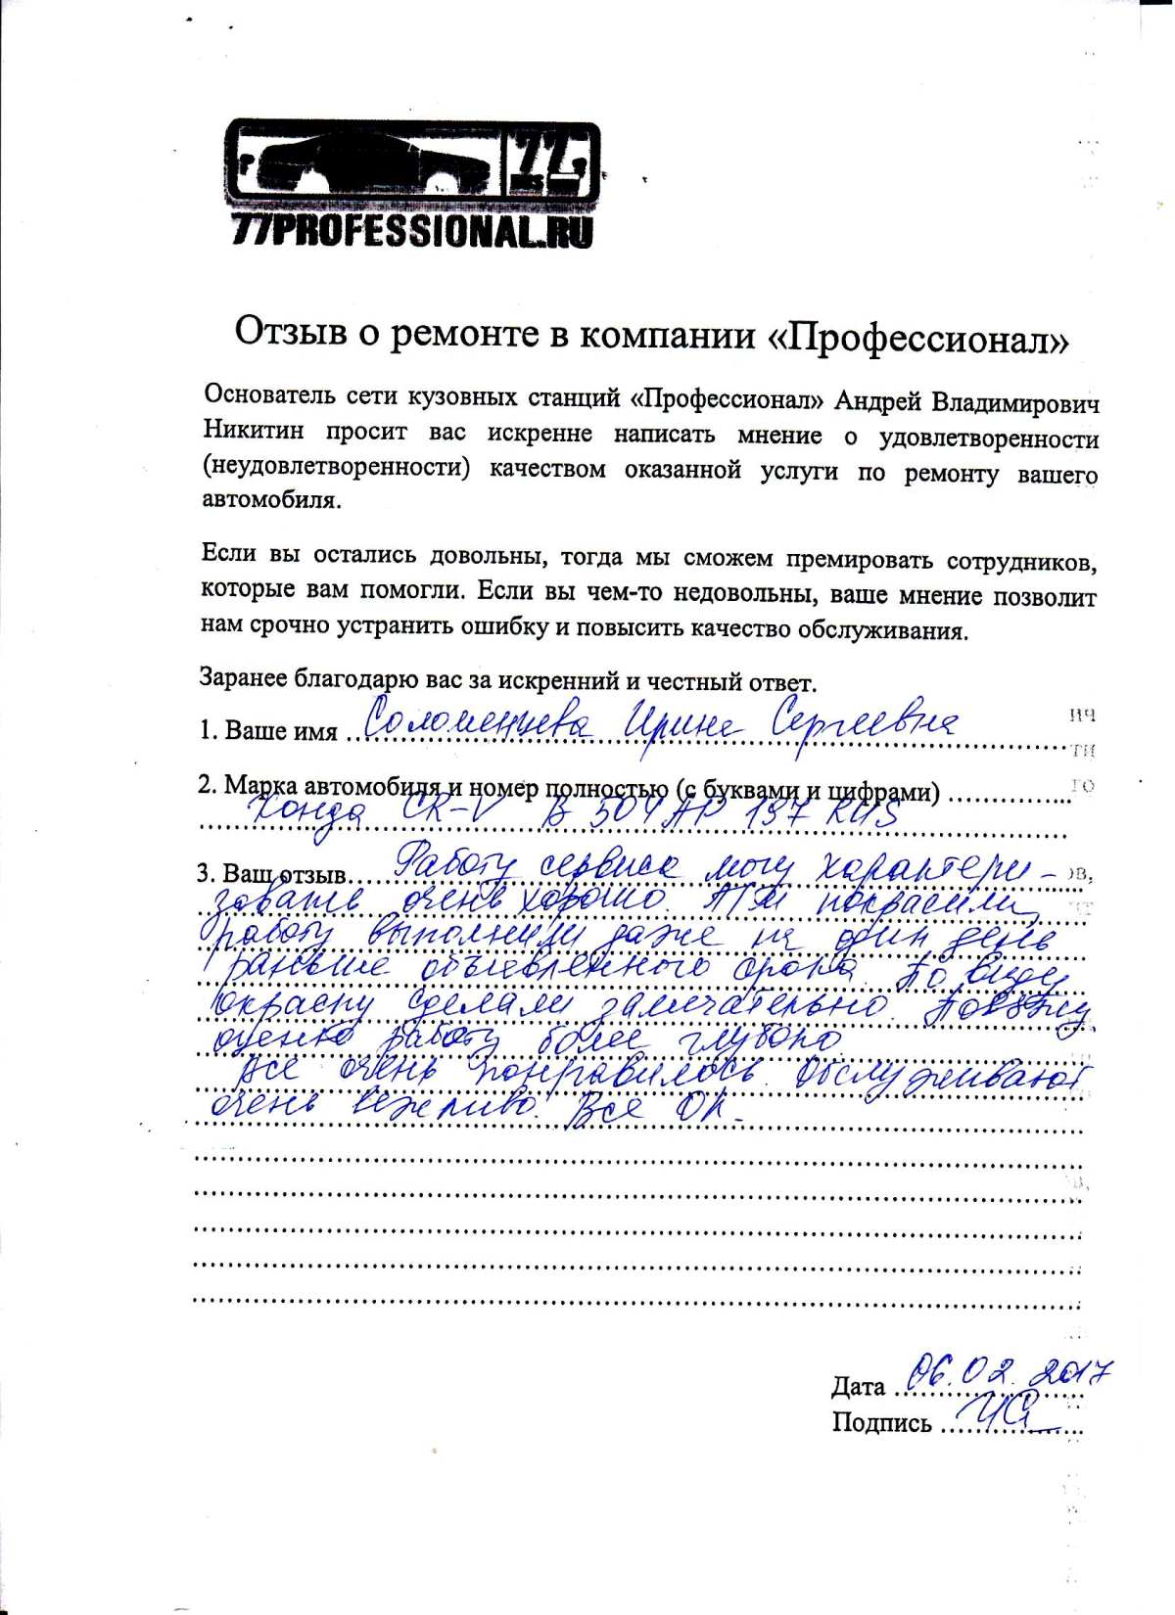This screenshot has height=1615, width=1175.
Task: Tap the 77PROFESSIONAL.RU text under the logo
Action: click(411, 231)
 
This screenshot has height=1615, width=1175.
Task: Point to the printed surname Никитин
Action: click(254, 431)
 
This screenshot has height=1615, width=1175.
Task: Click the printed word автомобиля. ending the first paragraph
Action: click(271, 500)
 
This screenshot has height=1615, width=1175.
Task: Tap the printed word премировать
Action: click(855, 559)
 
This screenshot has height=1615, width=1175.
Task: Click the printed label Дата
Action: click(858, 1387)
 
